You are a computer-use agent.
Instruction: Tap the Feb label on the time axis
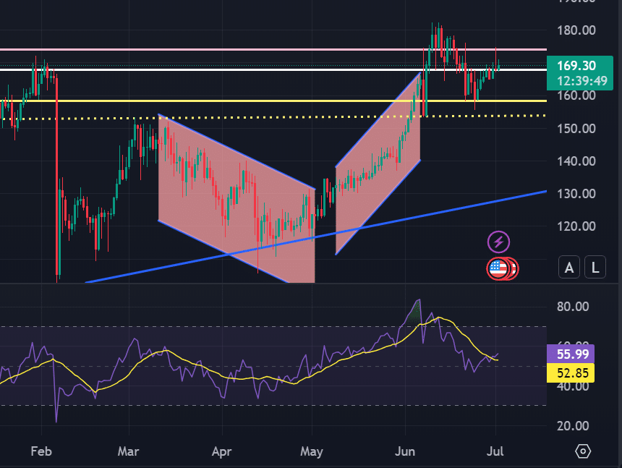point(42,451)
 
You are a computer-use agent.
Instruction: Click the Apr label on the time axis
point(221,451)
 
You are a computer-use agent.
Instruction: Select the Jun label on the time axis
point(405,451)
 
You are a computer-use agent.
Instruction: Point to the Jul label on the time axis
point(496,451)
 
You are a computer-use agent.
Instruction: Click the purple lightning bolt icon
point(498,242)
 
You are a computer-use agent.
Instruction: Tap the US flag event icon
point(498,268)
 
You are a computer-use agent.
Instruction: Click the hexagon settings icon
point(583,451)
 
